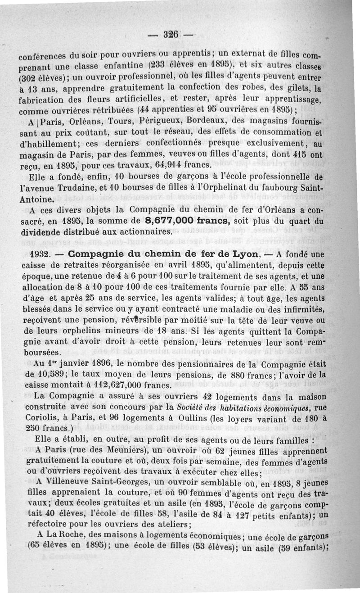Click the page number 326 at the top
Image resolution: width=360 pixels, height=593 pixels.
[x=171, y=34]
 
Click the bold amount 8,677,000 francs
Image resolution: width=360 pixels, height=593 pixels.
[x=187, y=222]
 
